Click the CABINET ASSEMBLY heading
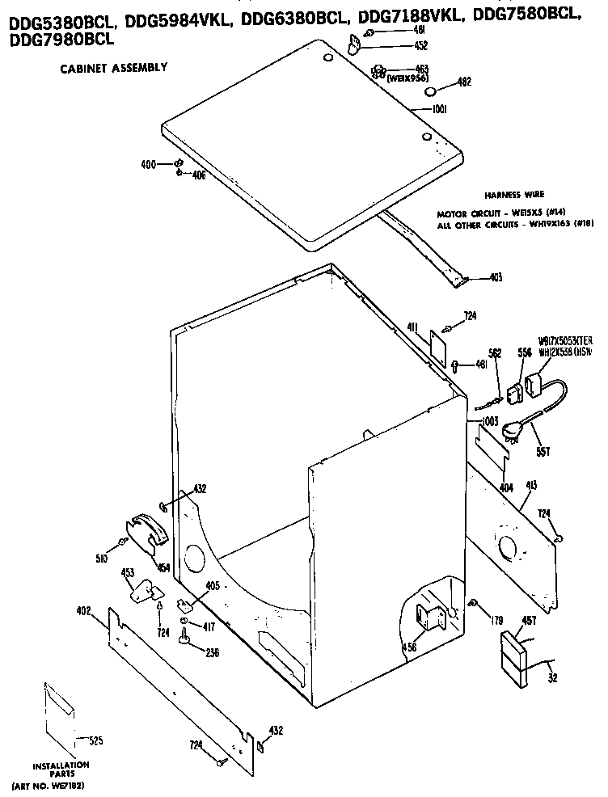click(x=114, y=68)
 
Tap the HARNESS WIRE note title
click(x=514, y=195)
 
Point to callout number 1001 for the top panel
click(x=440, y=109)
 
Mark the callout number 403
click(x=496, y=278)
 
